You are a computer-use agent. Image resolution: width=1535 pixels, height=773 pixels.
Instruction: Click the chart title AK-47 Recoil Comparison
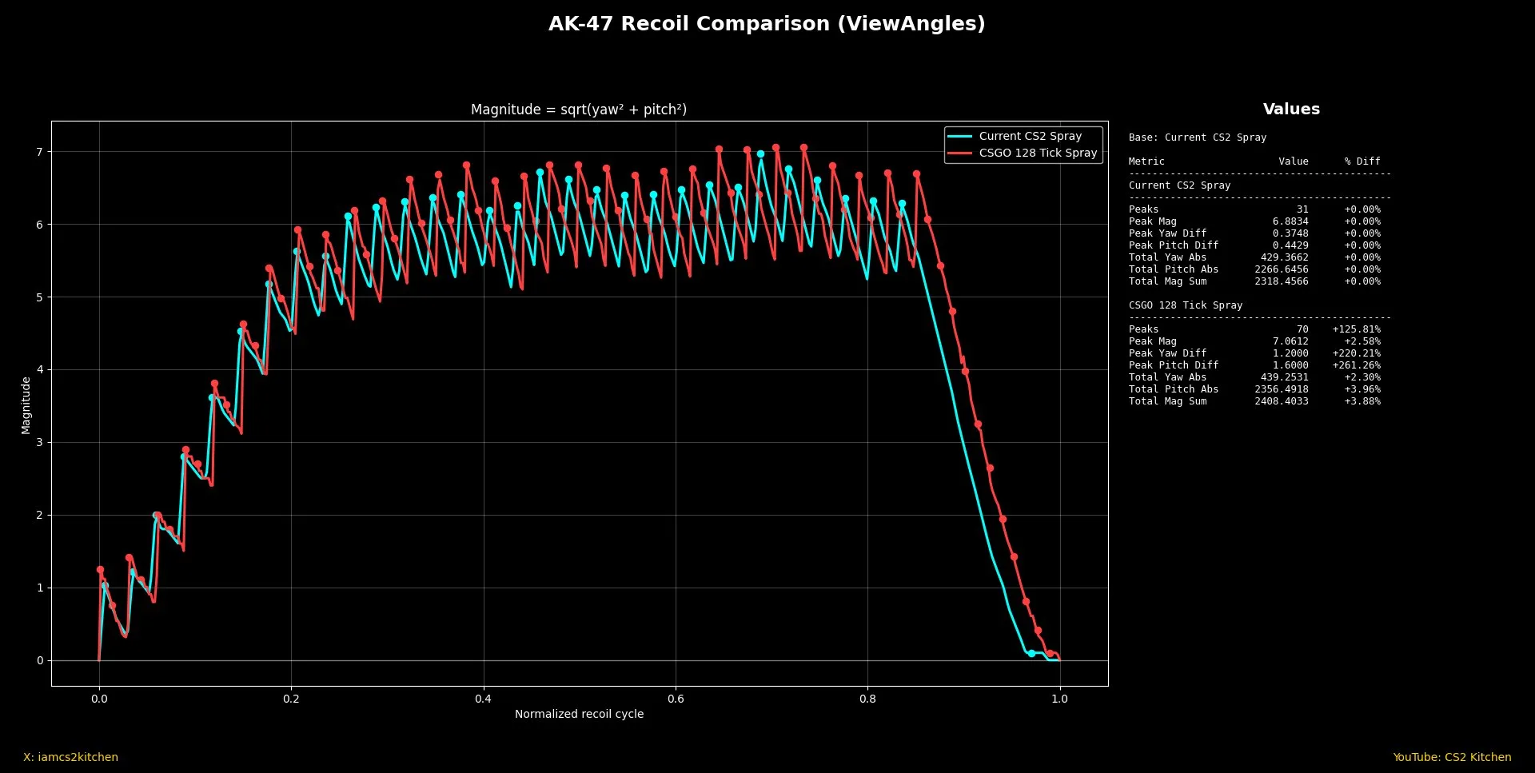pyautogui.click(x=766, y=24)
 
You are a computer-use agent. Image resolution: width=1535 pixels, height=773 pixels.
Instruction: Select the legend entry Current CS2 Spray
pyautogui.click(x=1030, y=136)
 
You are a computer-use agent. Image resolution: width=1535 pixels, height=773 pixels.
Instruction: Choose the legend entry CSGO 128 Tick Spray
pyautogui.click(x=1038, y=153)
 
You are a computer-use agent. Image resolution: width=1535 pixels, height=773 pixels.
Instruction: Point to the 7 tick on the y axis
pyautogui.click(x=39, y=152)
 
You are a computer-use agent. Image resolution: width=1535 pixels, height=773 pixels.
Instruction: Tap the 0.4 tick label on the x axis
pyautogui.click(x=483, y=699)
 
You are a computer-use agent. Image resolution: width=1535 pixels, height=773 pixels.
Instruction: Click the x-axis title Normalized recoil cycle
pyautogui.click(x=579, y=714)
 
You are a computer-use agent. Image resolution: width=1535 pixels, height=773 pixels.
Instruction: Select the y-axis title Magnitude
pyautogui.click(x=26, y=405)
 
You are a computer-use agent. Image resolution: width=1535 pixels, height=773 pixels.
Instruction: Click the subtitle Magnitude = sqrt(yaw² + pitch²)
pyautogui.click(x=579, y=110)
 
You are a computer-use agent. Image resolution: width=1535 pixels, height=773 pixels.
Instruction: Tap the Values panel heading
pyautogui.click(x=1291, y=110)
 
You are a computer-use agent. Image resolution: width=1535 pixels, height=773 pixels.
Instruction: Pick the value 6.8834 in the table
pyautogui.click(x=1290, y=221)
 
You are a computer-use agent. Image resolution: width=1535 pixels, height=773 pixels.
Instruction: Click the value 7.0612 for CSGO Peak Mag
pyautogui.click(x=1290, y=341)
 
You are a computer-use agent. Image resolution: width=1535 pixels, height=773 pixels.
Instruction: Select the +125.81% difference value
pyautogui.click(x=1356, y=329)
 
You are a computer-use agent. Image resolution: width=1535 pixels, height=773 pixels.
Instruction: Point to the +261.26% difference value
pyautogui.click(x=1356, y=365)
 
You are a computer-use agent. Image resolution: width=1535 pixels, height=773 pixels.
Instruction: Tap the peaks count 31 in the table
pyautogui.click(x=1302, y=209)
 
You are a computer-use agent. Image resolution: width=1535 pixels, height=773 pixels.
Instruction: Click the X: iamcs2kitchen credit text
pyautogui.click(x=70, y=757)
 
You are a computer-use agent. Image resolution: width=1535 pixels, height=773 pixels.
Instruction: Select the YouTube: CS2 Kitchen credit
pyautogui.click(x=1452, y=757)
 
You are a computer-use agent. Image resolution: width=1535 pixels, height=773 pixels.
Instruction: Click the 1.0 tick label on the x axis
pyautogui.click(x=1059, y=699)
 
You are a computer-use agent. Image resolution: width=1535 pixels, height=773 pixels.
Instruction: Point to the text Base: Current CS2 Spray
pyautogui.click(x=1197, y=137)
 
